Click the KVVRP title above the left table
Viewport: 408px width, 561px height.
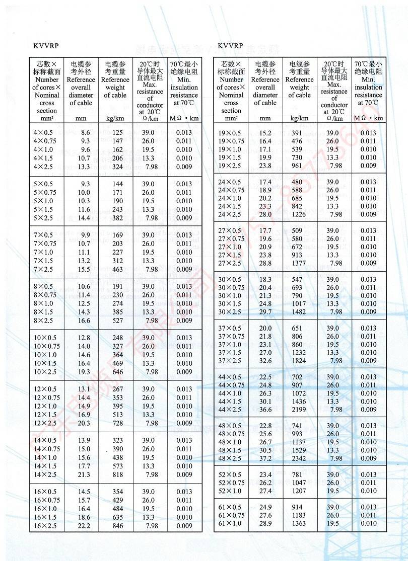[x=46, y=46]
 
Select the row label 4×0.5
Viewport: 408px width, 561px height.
[x=43, y=132]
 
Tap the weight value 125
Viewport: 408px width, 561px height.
[x=117, y=132]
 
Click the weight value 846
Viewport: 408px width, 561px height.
[x=117, y=526]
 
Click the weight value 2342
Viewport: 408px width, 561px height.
[x=299, y=458]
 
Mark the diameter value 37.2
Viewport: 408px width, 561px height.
[x=265, y=458]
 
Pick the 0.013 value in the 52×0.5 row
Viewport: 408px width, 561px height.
[x=368, y=475]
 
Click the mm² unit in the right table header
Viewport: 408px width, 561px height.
[x=231, y=118]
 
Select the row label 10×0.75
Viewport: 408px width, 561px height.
[x=47, y=346]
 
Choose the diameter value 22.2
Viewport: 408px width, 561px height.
[x=84, y=526]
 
